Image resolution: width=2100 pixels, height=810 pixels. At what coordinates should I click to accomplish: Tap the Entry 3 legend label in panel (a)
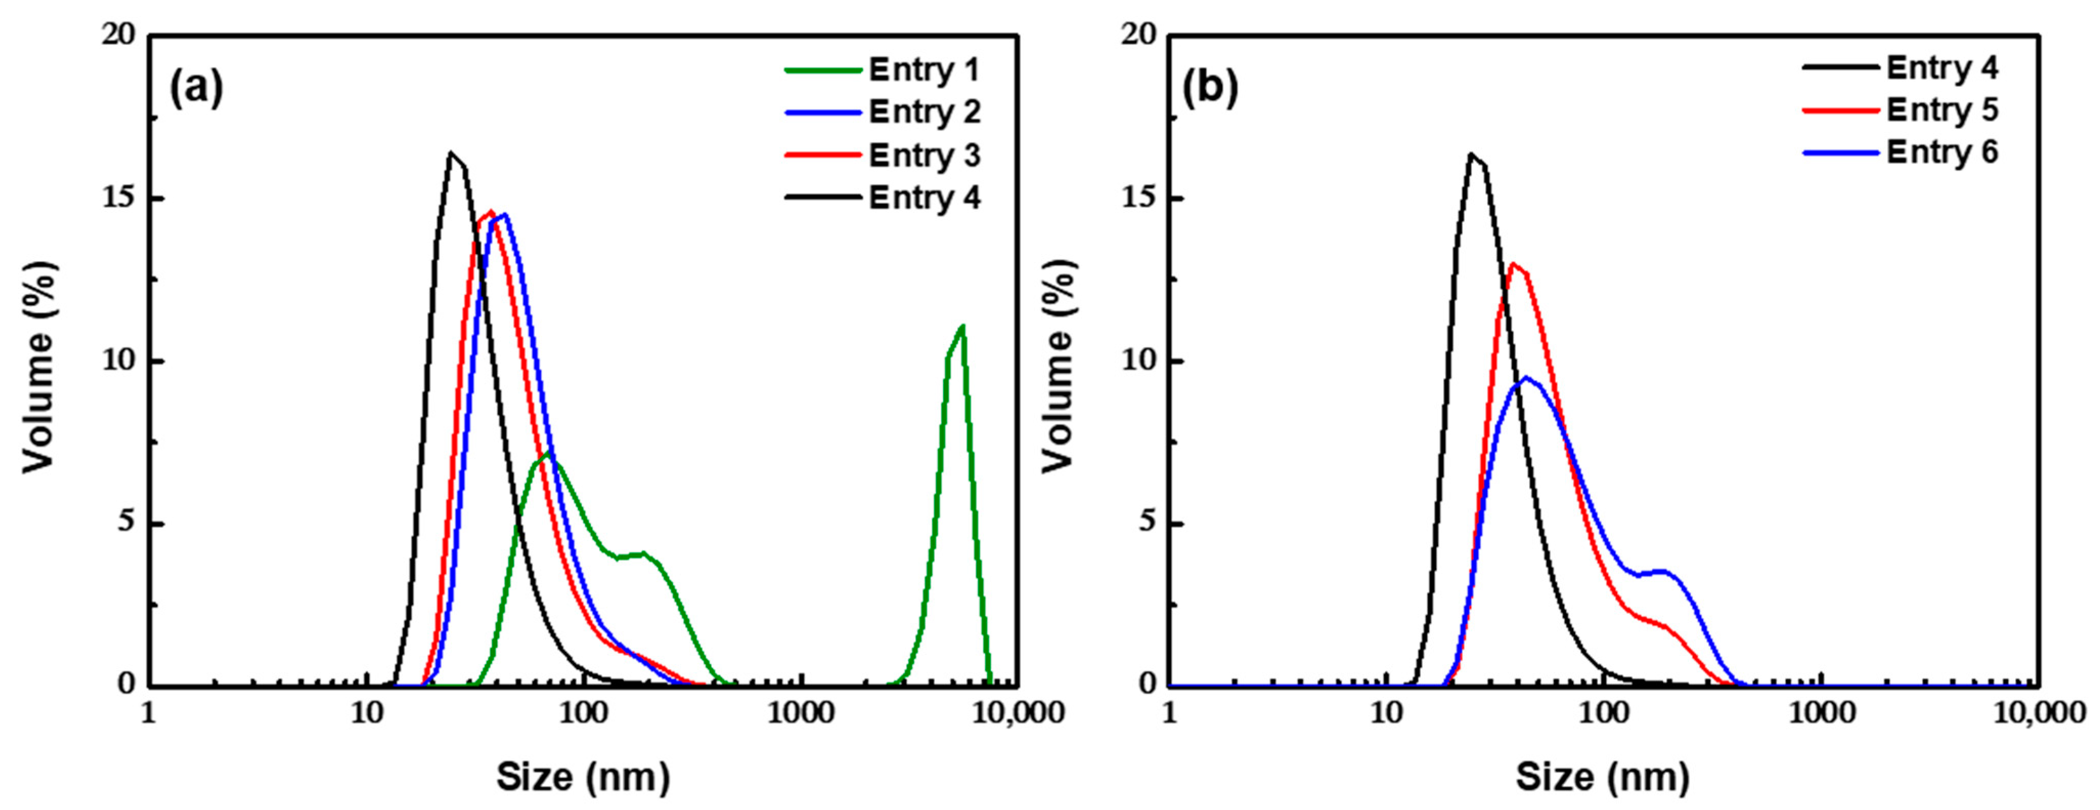924,155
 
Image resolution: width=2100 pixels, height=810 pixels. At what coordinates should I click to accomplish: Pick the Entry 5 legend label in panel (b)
1942,109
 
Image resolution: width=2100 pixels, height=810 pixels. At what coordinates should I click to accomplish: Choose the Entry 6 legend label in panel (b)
1942,153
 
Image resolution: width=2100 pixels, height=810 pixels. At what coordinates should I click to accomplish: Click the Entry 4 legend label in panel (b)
1942,67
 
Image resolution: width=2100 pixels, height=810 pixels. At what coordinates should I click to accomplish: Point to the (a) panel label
196,88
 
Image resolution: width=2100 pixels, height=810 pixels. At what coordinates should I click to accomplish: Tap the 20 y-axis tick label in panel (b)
1139,36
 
